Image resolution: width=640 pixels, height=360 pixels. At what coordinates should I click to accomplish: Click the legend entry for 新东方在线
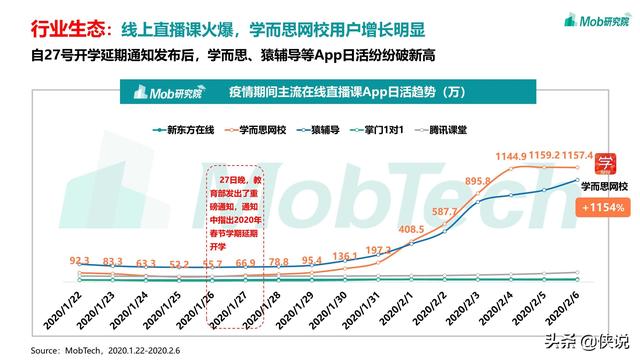[185, 129]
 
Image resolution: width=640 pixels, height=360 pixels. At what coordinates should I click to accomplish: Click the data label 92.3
[79, 260]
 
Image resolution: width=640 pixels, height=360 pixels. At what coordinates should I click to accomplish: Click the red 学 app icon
[604, 163]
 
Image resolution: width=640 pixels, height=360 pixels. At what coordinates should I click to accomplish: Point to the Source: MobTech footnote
[110, 350]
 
